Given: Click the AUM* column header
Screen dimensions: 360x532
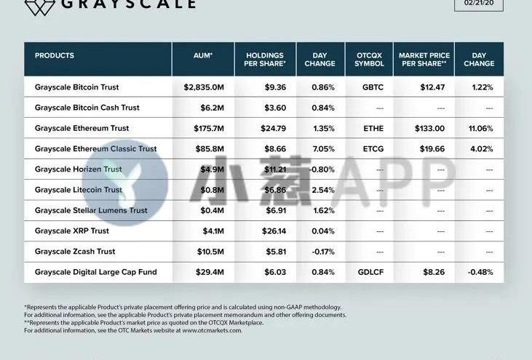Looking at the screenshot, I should (x=203, y=55).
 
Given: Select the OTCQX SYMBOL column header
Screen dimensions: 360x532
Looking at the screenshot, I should (x=369, y=59).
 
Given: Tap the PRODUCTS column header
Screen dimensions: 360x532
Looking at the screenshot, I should (x=55, y=55).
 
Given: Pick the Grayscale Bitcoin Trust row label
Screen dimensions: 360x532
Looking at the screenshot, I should (x=76, y=87).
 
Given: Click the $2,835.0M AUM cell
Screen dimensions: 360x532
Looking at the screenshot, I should (x=204, y=87).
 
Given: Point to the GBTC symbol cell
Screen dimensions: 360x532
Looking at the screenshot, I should (x=369, y=87).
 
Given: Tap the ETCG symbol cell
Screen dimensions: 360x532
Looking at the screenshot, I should (x=369, y=149).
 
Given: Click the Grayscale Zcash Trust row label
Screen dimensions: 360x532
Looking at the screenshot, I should (x=75, y=252).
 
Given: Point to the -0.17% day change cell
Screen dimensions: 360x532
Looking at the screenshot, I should (x=320, y=252).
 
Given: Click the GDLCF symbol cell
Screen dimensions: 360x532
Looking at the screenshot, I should (x=369, y=272).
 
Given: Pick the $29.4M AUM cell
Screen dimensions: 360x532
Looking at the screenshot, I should (x=208, y=272).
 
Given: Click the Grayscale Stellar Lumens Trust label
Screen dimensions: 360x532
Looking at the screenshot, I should (x=91, y=210).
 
